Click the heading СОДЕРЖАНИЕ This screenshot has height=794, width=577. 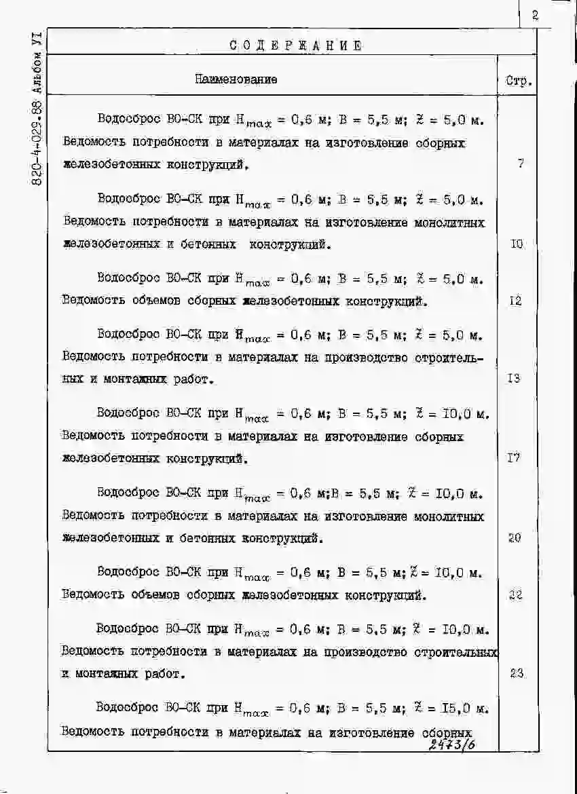click(295, 45)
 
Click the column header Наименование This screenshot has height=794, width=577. click(236, 79)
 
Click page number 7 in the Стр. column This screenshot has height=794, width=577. click(520, 164)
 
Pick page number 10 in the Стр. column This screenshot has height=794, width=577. click(517, 244)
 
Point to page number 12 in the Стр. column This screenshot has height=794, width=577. click(515, 301)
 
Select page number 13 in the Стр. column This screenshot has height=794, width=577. click(515, 379)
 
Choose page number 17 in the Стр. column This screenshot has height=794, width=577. click(514, 458)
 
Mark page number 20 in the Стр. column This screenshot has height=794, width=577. click(515, 538)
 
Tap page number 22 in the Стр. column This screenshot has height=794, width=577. click(515, 595)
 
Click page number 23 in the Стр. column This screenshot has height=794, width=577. click(516, 673)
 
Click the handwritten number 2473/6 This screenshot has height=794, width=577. click(453, 746)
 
